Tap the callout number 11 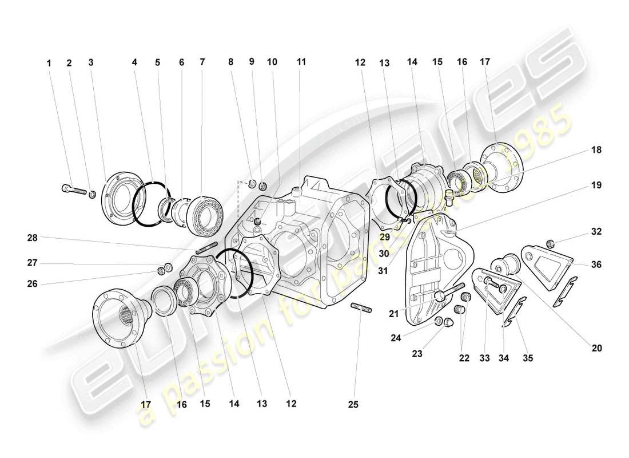[x=301, y=61]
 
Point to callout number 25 [x=353, y=404]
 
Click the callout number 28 [x=32, y=237]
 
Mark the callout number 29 [x=384, y=237]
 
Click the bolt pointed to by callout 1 [x=71, y=188]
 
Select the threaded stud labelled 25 [x=362, y=310]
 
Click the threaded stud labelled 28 [x=208, y=248]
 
